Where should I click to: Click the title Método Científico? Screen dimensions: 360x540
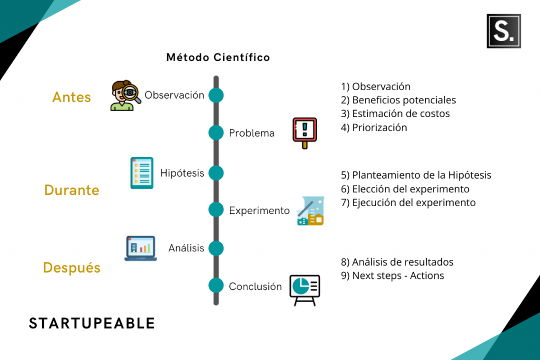(x=218, y=57)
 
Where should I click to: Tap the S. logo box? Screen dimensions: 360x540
(x=504, y=31)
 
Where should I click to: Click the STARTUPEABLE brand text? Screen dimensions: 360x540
(x=92, y=323)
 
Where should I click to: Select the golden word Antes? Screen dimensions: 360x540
(x=72, y=98)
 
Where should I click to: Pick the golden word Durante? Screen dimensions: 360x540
(x=72, y=190)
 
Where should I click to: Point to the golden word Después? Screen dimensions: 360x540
(x=72, y=268)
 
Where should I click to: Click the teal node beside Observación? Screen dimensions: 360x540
(x=216, y=95)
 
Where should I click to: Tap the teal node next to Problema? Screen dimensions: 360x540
(x=216, y=133)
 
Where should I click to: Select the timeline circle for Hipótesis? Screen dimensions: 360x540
(x=216, y=173)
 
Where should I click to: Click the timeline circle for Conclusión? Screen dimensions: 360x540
(x=216, y=286)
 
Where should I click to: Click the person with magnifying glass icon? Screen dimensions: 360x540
(x=125, y=96)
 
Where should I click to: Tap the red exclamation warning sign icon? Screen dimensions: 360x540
(x=305, y=132)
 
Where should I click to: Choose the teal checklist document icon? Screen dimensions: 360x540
(x=142, y=173)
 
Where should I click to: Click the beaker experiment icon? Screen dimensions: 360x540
(x=310, y=211)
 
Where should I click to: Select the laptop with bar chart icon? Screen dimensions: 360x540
(x=140, y=248)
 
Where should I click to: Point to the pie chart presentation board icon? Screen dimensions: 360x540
(x=305, y=289)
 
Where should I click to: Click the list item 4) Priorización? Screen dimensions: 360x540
(x=374, y=128)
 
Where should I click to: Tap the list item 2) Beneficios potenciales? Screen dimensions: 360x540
(x=398, y=100)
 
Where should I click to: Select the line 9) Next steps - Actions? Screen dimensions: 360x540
(x=392, y=276)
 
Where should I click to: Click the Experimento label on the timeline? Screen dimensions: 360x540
(x=259, y=210)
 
